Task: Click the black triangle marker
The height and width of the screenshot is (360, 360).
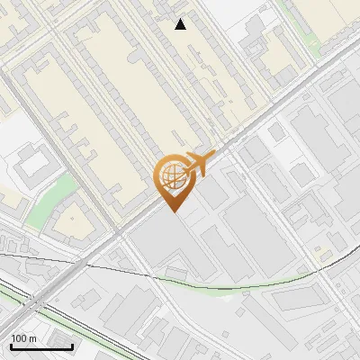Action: [181, 24]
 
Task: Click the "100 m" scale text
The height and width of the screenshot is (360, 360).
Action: [23, 338]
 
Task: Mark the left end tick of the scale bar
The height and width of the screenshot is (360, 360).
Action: [11, 346]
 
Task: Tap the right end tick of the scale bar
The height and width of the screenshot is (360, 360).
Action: [72, 346]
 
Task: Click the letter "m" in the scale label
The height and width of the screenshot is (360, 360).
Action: [32, 338]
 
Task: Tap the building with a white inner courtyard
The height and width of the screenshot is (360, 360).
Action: [31, 163]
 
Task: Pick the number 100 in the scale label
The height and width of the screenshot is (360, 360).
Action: [19, 338]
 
